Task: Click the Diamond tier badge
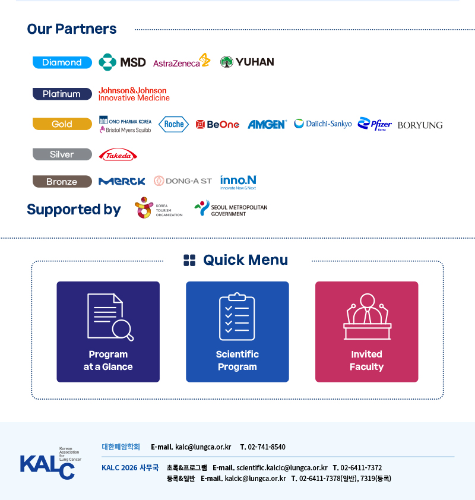(x=62, y=62)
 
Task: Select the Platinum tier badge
(x=62, y=94)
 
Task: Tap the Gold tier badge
(x=62, y=124)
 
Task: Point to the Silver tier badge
(x=62, y=154)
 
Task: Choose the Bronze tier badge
(x=62, y=182)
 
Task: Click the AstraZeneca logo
(x=182, y=61)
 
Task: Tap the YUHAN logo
(x=247, y=62)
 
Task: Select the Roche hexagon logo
(x=174, y=124)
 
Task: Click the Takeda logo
(x=118, y=154)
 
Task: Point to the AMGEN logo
(x=267, y=124)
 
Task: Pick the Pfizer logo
(x=375, y=124)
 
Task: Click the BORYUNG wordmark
(x=420, y=125)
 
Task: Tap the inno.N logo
(x=238, y=182)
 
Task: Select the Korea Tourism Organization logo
(x=159, y=208)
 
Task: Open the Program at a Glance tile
(x=108, y=331)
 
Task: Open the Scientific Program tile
(x=237, y=331)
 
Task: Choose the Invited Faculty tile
(x=366, y=331)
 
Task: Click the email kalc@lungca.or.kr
(x=203, y=447)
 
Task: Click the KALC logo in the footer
(x=50, y=463)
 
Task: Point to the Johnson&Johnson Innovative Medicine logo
(x=134, y=94)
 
